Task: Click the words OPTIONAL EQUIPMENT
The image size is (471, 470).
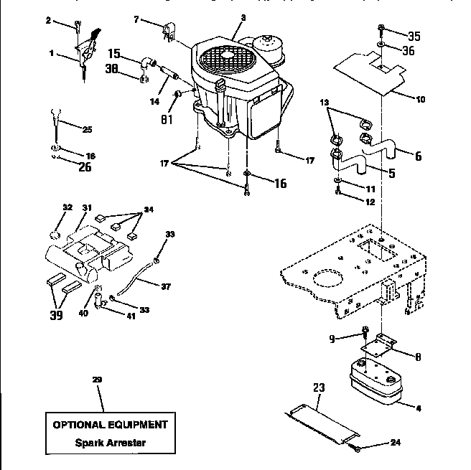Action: (x=110, y=424)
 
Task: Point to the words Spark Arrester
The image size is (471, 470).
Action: (x=111, y=442)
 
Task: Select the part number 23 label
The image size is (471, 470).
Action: (x=319, y=388)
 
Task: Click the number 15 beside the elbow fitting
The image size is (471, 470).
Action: (x=115, y=53)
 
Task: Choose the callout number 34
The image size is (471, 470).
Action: (x=149, y=210)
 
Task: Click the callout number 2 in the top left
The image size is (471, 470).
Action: (x=49, y=21)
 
